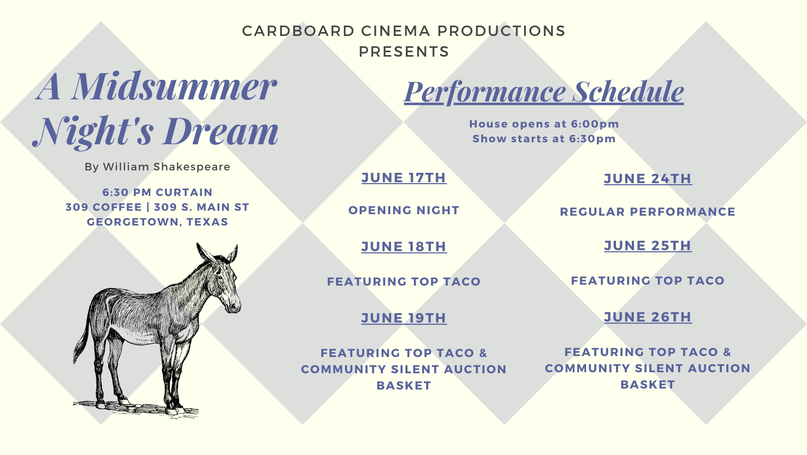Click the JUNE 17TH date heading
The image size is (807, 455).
point(404,178)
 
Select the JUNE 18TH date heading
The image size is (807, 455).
point(404,247)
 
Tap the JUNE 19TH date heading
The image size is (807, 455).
point(404,318)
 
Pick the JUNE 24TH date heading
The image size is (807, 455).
point(648,178)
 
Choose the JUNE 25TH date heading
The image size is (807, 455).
point(648,246)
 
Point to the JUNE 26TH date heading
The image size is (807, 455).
point(648,317)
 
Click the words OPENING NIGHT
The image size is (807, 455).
point(404,210)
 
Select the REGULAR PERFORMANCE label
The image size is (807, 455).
point(648,212)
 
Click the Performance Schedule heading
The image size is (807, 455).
point(544,92)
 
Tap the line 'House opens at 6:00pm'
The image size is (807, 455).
point(544,124)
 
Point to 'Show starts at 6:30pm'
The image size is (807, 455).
point(544,139)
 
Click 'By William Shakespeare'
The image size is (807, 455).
point(157,167)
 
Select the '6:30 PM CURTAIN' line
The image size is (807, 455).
point(157,192)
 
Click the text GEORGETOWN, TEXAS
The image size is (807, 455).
point(157,222)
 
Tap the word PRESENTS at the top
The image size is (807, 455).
point(404,52)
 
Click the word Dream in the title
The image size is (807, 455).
point(222,131)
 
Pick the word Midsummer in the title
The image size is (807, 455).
point(174,87)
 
